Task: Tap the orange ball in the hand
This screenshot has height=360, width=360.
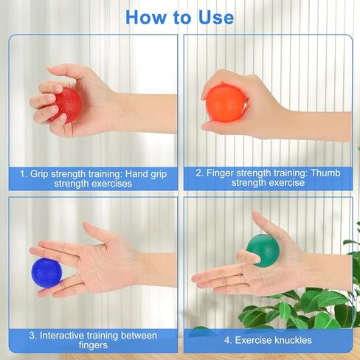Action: pos(225,103)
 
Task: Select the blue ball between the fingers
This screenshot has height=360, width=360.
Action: pos(46,271)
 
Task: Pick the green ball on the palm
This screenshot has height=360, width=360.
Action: pos(263,250)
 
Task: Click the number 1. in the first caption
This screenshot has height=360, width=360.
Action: pos(24,173)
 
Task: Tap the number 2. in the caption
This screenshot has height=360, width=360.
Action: pos(200,173)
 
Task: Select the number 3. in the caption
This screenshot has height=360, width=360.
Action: pos(32,335)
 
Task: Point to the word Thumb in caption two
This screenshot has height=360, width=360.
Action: pos(326,173)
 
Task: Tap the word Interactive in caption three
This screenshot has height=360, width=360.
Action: pos(66,335)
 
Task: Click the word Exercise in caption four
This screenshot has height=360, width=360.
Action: pos(252,340)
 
